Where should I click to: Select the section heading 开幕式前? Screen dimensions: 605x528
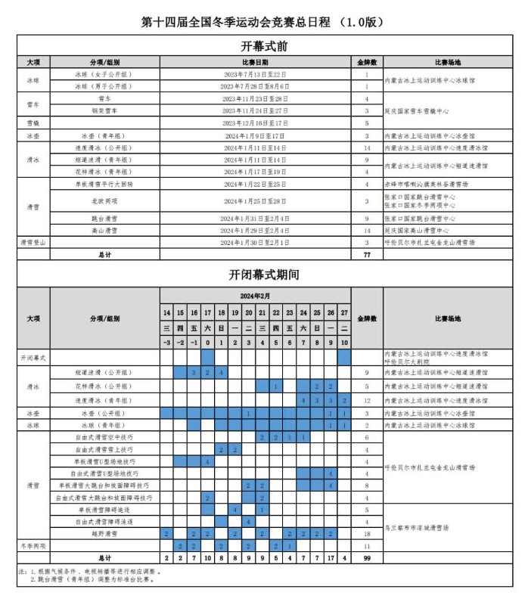[x=263, y=46]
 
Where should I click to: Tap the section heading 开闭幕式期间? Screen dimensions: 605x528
[x=263, y=275]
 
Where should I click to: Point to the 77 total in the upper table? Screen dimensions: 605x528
[x=366, y=255]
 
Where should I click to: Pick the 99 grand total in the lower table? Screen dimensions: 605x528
[x=366, y=557]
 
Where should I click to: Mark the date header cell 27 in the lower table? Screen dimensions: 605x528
[x=344, y=312]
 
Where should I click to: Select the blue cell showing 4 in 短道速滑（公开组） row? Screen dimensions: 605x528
[x=222, y=373]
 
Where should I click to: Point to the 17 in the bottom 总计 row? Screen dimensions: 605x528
[x=331, y=557]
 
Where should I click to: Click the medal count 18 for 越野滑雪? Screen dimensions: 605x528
[x=366, y=534]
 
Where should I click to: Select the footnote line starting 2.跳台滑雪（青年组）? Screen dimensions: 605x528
[x=91, y=579]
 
